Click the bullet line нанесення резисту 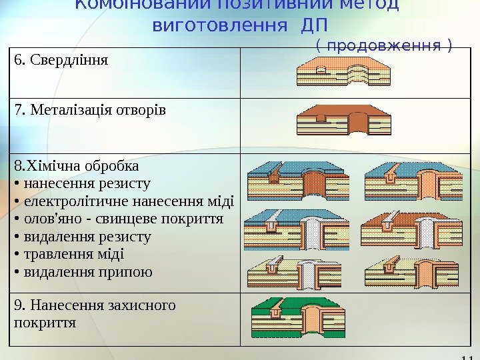click(87, 183)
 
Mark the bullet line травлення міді click(73, 255)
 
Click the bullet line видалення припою click(87, 272)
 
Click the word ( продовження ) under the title click(384, 45)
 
